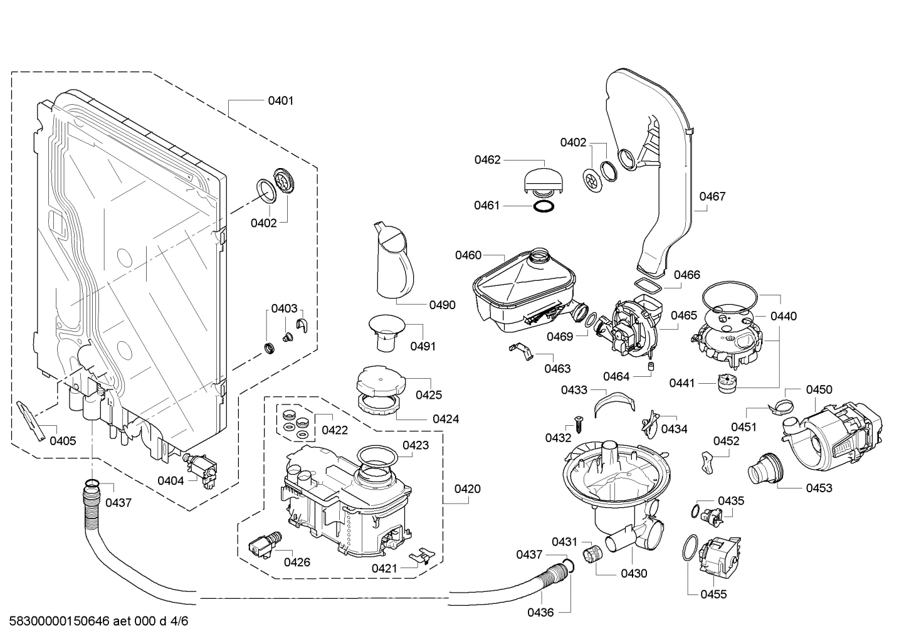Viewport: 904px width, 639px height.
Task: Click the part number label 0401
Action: tap(280, 100)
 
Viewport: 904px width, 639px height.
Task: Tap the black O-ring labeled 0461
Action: tap(544, 207)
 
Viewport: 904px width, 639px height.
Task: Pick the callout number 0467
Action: tap(712, 196)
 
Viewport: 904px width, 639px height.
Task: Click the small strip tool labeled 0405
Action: tap(31, 421)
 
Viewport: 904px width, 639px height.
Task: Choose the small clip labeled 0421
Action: tap(421, 556)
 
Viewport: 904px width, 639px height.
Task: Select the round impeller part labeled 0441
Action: tap(726, 383)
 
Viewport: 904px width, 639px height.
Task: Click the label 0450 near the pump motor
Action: tap(819, 389)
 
